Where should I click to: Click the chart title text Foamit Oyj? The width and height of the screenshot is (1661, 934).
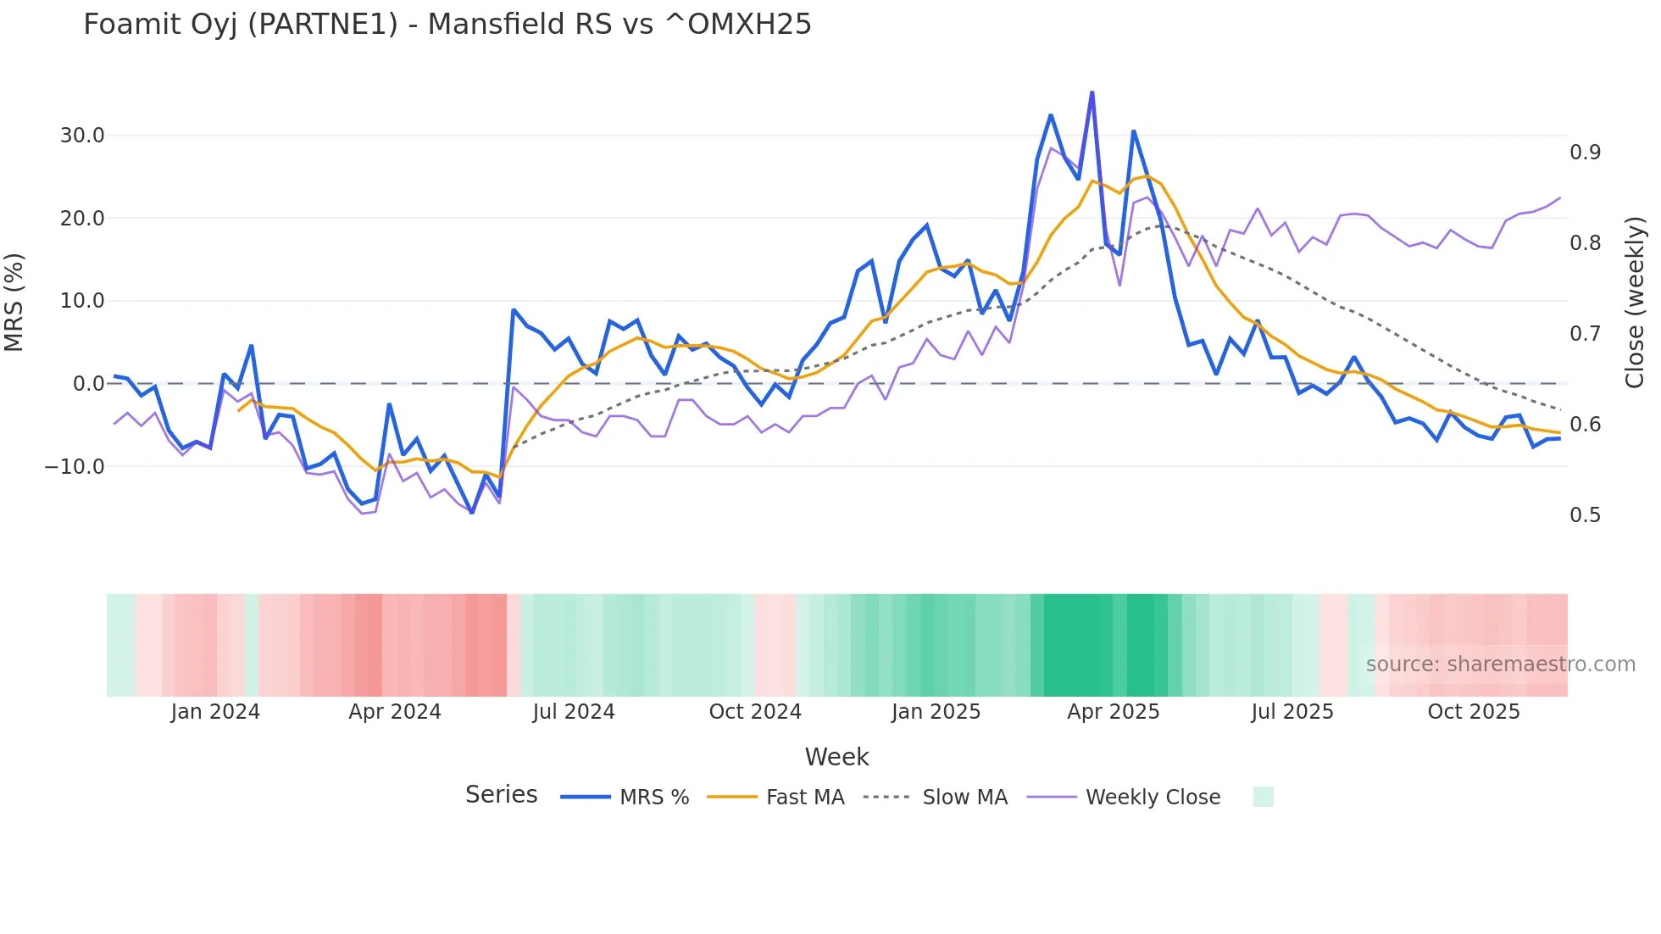(447, 24)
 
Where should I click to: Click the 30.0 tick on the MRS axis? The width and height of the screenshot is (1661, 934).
(82, 136)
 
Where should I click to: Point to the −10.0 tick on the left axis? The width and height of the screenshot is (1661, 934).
(75, 466)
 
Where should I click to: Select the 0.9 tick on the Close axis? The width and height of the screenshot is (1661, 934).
(1585, 153)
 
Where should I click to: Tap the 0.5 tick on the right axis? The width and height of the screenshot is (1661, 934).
(1585, 515)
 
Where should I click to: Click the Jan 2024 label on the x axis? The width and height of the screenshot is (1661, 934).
(215, 712)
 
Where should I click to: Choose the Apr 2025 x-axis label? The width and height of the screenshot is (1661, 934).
(1113, 712)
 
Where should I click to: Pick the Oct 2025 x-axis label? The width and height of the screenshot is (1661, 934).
(1473, 712)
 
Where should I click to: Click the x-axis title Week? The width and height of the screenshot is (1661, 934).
(836, 757)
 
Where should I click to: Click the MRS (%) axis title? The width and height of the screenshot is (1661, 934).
(14, 302)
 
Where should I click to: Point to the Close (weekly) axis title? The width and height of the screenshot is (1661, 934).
(1635, 302)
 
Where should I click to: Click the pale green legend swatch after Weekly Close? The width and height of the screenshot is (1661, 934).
(1263, 797)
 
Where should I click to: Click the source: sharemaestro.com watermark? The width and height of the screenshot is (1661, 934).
(1500, 664)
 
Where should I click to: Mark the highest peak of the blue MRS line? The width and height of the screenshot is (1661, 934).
(1092, 92)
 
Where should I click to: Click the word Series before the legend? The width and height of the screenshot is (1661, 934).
(501, 795)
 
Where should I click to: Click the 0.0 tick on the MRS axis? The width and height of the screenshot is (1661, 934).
(88, 384)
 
